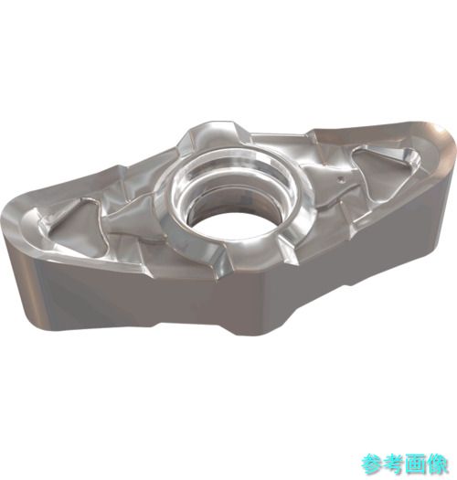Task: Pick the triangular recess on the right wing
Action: (386, 172)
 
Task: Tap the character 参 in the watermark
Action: (372, 464)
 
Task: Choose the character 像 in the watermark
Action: (437, 464)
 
